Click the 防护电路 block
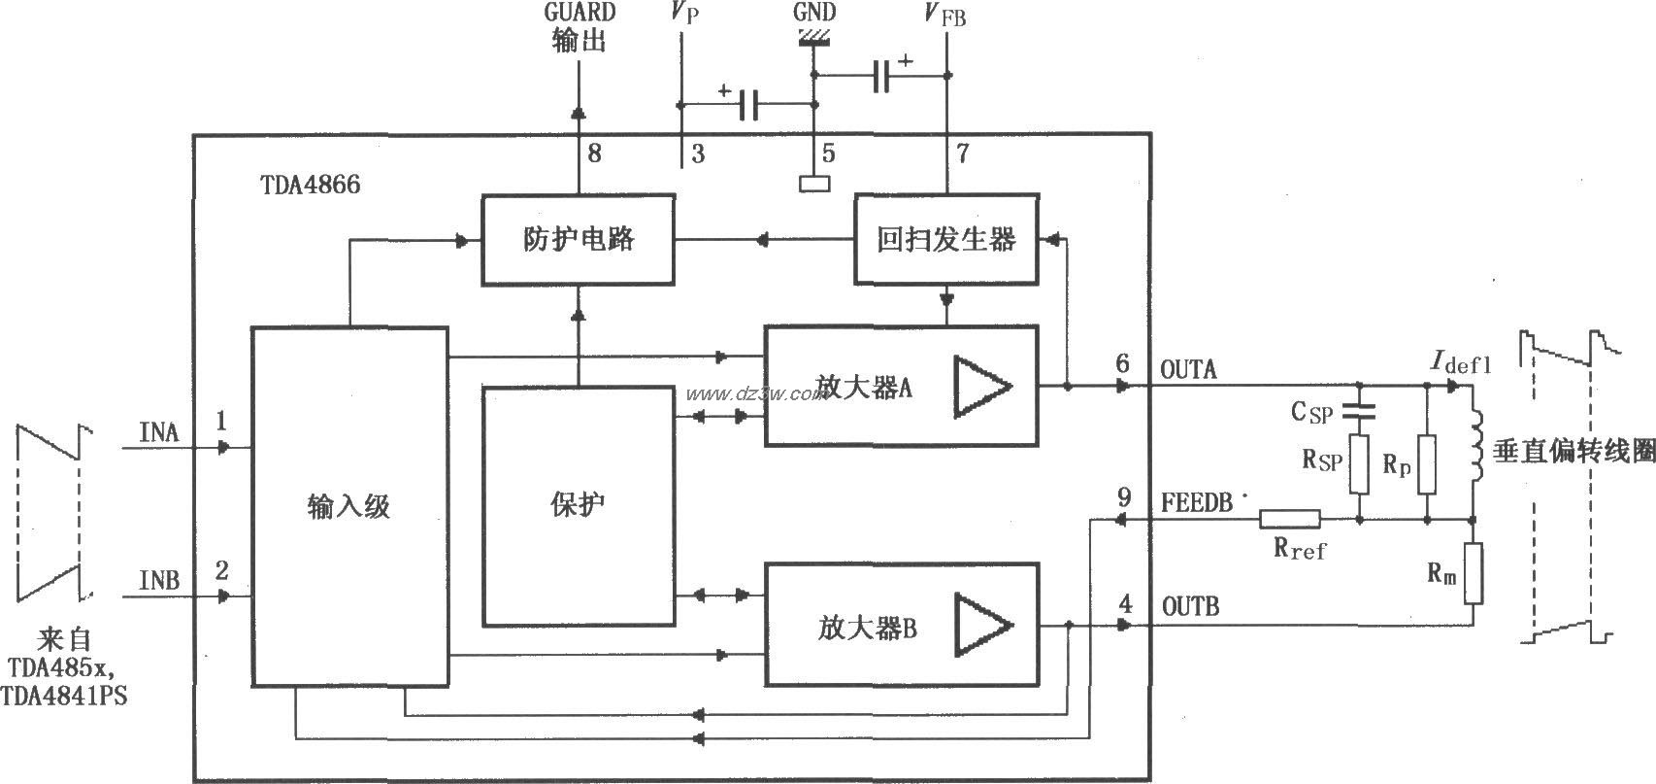(x=579, y=239)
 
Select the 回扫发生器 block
(x=945, y=239)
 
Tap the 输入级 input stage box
(x=349, y=506)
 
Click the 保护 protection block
(x=579, y=505)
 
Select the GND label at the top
(x=813, y=13)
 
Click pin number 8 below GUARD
(x=594, y=153)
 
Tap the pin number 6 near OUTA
(x=1122, y=363)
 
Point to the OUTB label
(x=1191, y=606)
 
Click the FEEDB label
(x=1197, y=502)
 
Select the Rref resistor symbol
(x=1290, y=520)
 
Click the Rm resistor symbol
(x=1473, y=574)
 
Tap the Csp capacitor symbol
(x=1359, y=410)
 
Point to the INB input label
(x=159, y=581)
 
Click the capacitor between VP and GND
(x=747, y=105)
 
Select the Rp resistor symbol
(x=1426, y=464)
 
